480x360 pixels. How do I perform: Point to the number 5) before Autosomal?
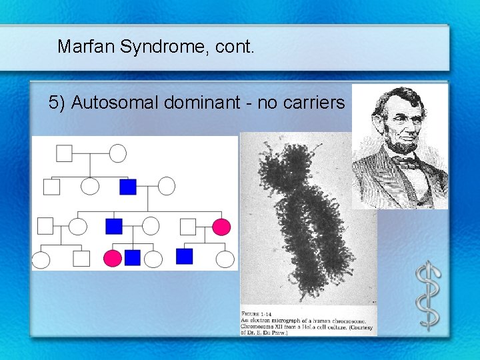(57, 103)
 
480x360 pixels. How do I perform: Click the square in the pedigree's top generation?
(64, 153)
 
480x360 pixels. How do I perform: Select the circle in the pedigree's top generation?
(118, 153)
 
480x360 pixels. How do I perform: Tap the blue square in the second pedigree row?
(128, 187)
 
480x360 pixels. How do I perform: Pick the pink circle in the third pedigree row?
(221, 227)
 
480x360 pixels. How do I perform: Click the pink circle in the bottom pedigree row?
(113, 258)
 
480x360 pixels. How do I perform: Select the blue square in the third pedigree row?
(114, 227)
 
